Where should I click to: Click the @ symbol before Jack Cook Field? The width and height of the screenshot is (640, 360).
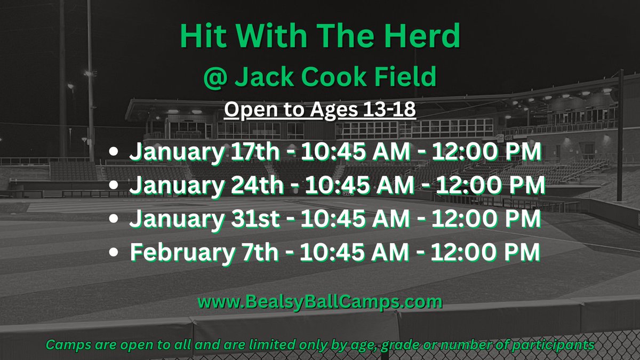[215, 77]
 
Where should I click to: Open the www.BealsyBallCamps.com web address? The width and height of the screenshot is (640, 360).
[320, 302]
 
